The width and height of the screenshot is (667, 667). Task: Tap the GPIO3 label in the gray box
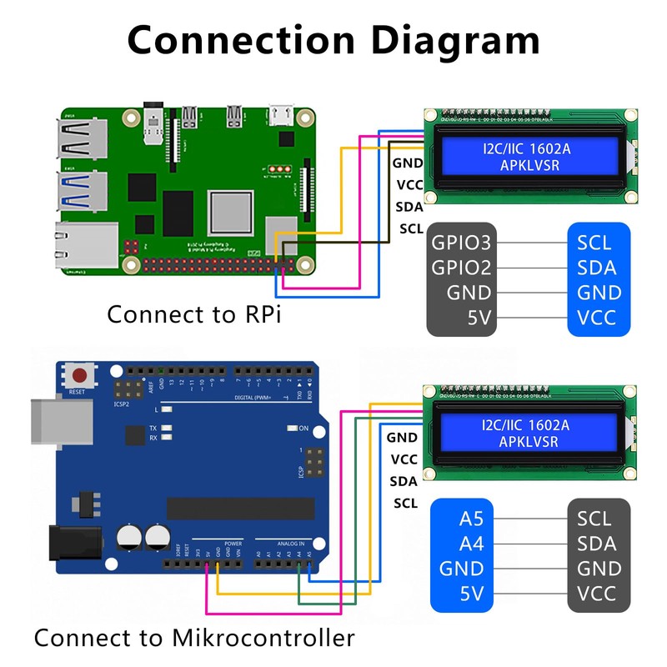[462, 243]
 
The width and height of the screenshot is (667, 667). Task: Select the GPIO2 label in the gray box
[462, 268]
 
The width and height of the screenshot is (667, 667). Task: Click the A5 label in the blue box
[471, 519]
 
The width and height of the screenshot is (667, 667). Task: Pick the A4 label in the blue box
[471, 544]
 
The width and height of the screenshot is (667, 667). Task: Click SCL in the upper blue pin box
[594, 243]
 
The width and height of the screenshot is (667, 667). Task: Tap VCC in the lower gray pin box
[596, 594]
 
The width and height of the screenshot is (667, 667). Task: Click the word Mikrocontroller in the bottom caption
[263, 639]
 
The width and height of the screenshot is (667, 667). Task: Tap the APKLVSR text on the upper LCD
[529, 166]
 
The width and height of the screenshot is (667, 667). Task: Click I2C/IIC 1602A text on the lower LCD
[525, 425]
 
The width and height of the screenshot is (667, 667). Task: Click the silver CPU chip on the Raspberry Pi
[230, 213]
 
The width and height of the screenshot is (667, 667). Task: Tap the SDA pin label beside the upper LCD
[409, 208]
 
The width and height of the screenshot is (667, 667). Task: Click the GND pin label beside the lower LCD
[403, 437]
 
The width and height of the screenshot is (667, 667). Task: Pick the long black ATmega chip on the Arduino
[241, 508]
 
